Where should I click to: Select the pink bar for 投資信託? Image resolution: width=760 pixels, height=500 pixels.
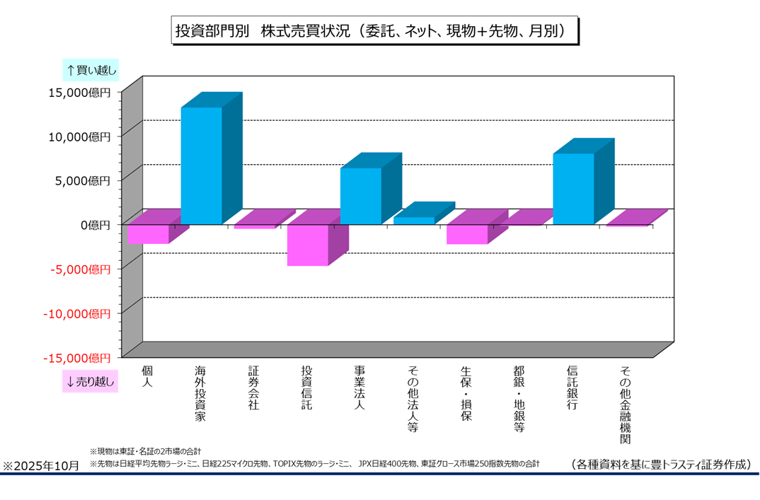308,245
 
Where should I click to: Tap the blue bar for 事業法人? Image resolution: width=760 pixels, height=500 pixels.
361,196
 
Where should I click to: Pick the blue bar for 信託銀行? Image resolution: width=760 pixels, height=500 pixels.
573,188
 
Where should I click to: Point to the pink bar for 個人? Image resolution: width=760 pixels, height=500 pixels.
148,233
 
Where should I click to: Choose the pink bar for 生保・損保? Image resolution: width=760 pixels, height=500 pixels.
467,234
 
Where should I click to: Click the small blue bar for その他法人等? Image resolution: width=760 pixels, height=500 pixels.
414,220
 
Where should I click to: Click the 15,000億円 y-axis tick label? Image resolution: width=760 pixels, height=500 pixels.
79,93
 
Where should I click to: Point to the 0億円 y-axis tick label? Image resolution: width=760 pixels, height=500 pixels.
94,225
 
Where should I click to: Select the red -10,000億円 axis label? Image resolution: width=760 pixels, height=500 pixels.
77,313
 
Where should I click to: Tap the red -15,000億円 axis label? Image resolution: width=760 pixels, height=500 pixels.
77,358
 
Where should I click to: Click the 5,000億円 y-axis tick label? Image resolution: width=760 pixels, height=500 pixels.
82,181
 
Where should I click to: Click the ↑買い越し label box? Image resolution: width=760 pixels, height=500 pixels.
91,69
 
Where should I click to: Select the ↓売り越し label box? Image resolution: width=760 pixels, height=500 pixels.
91,381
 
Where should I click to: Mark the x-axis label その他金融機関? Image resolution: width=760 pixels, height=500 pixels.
626,404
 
